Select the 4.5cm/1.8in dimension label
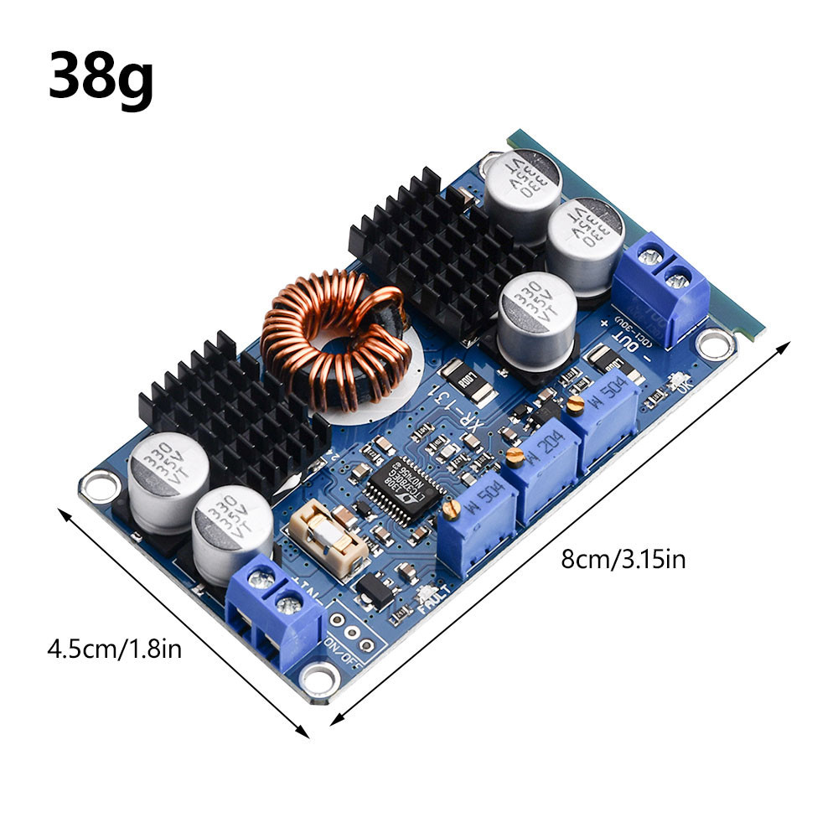click(113, 648)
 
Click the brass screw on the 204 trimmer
click(515, 457)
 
